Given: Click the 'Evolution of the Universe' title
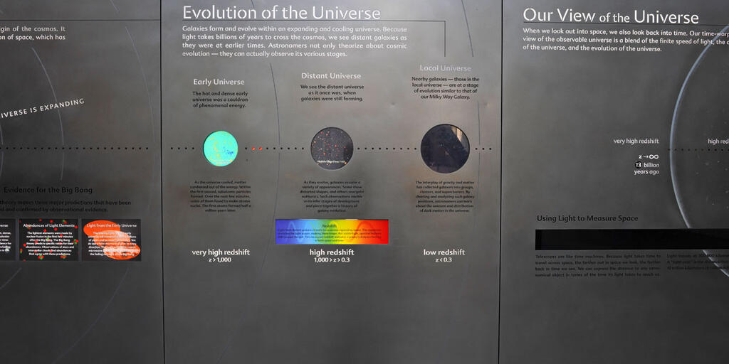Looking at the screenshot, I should [x=281, y=13].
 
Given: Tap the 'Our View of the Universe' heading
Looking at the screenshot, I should [x=610, y=16].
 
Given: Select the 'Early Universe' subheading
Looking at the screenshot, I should [x=219, y=82].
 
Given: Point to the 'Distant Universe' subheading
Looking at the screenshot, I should [x=330, y=75].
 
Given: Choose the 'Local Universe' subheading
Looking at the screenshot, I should [x=445, y=68].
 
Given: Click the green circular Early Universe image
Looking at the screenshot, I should [x=220, y=148].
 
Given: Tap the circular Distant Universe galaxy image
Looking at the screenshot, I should [x=332, y=148].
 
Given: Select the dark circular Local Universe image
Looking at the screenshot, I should [x=445, y=148].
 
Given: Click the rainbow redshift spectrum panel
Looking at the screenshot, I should [x=332, y=232].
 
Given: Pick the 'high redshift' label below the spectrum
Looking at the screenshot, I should [x=332, y=252].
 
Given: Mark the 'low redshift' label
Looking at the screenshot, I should [x=444, y=252].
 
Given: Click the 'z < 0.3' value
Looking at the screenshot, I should [x=444, y=260].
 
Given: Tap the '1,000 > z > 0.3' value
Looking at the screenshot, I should [x=332, y=260].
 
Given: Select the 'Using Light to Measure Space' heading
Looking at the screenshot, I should [x=587, y=218].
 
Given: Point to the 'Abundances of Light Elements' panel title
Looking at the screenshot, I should [x=49, y=225].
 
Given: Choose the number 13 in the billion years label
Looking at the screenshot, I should [x=639, y=165].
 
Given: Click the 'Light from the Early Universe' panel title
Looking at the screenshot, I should [x=111, y=225].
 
